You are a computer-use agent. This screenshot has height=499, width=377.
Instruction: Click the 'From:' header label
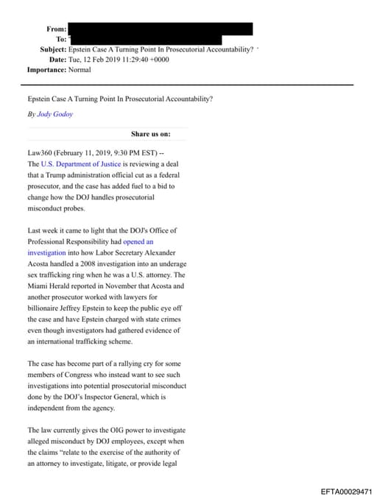[57, 29]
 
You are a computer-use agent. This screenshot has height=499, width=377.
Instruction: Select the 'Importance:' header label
[46, 70]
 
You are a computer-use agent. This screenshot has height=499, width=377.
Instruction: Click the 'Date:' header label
[57, 60]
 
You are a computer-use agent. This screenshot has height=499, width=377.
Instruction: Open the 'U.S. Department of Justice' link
[81, 164]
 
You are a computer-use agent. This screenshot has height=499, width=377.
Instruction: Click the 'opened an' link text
[138, 241]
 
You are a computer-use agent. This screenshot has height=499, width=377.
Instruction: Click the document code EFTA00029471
[347, 490]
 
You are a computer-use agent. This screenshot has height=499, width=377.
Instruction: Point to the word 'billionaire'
[46, 308]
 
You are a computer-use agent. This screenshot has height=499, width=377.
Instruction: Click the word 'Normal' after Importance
[80, 70]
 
